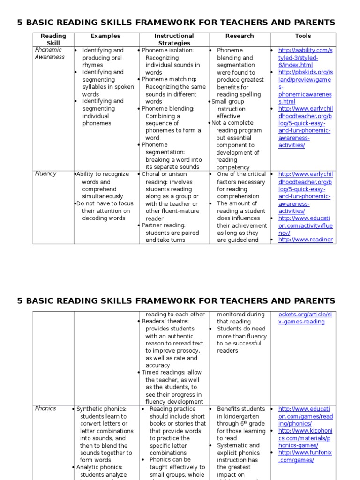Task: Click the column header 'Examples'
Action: (x=105, y=36)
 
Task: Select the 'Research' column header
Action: (x=239, y=36)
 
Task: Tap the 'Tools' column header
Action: (x=303, y=36)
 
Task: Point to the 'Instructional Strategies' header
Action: (x=173, y=39)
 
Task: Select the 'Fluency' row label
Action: (x=45, y=173)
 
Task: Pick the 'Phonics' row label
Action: (x=45, y=408)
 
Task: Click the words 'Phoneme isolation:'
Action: (x=167, y=50)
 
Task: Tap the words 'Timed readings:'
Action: (x=165, y=372)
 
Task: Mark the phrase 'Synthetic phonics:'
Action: (x=101, y=409)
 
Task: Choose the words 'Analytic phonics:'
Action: (x=99, y=467)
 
